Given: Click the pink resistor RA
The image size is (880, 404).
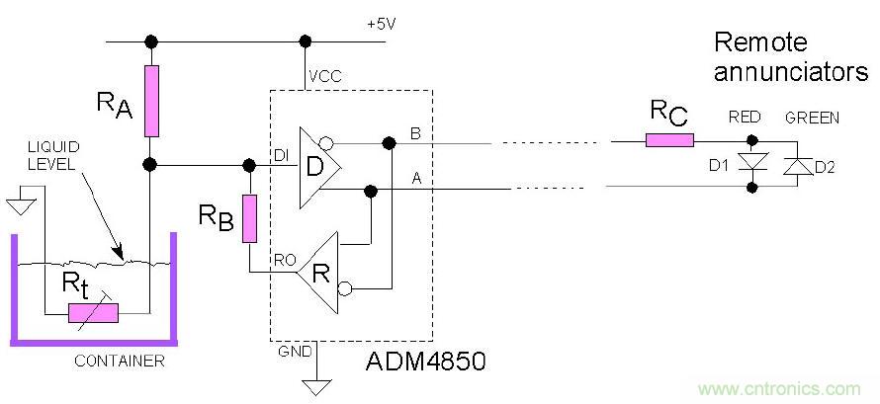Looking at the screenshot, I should coord(151,101).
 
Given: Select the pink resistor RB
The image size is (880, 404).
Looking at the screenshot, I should coord(249,217).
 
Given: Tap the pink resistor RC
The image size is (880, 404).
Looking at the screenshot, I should coord(669,140).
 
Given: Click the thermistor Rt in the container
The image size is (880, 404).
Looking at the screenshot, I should coord(92,313).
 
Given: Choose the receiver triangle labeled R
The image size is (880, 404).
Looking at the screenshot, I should coord(318,269).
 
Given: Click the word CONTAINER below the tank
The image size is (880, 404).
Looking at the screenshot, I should coord(119,362).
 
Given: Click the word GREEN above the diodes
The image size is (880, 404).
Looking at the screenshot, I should coord(812,118).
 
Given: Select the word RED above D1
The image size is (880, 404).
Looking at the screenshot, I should coord(745,118).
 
